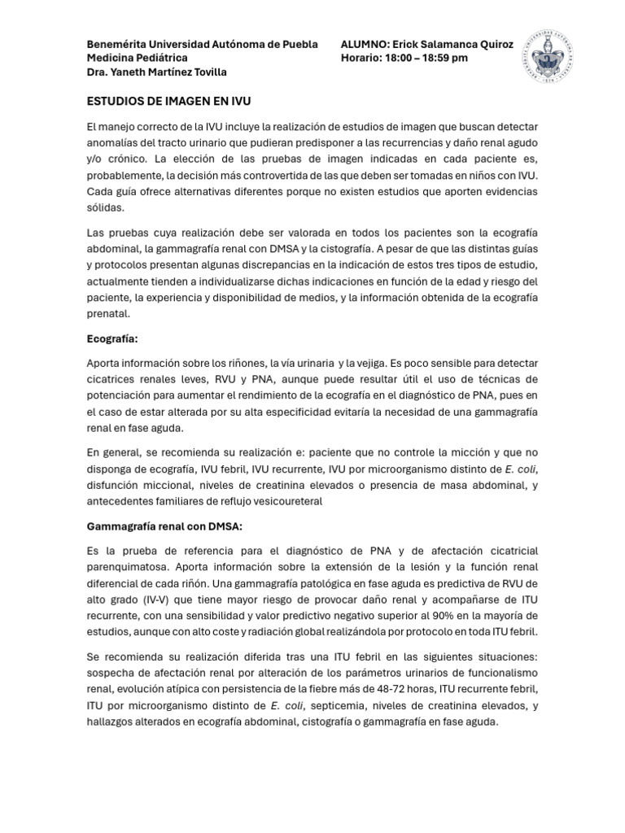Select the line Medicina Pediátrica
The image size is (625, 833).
coord(137,58)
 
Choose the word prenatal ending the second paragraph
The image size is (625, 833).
coord(107,313)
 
